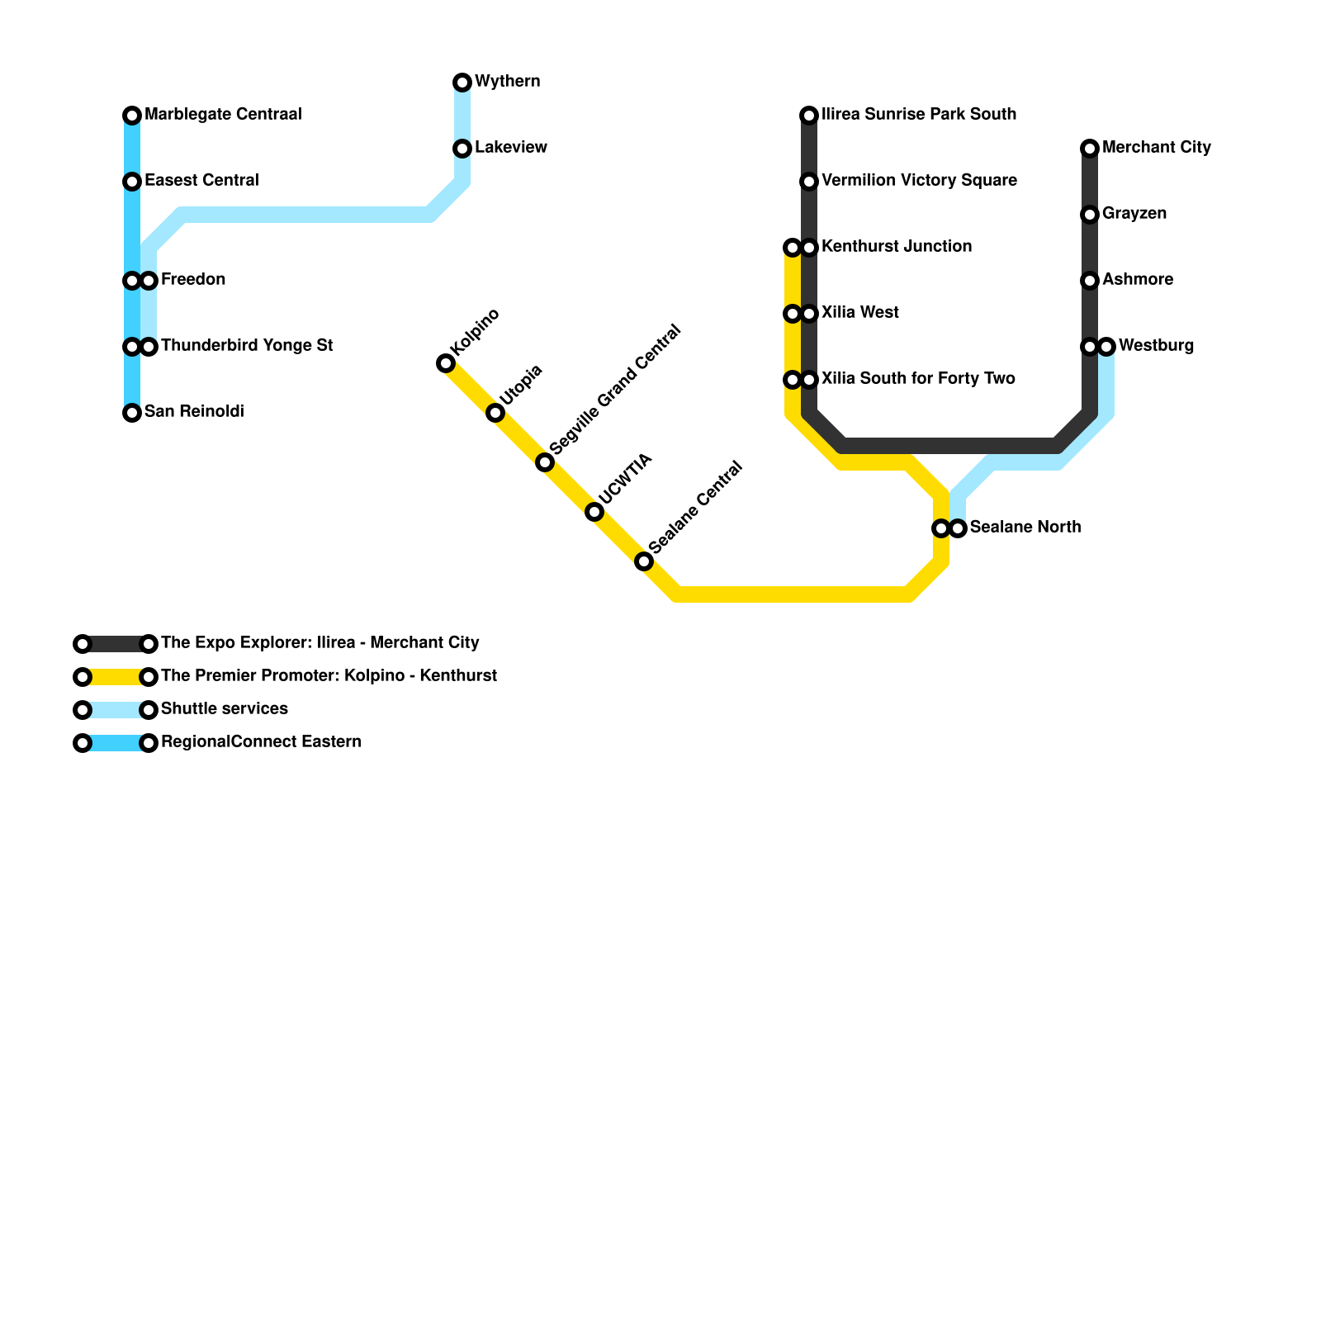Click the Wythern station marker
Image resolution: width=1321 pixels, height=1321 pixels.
(x=462, y=83)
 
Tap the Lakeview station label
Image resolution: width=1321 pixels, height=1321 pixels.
(x=510, y=148)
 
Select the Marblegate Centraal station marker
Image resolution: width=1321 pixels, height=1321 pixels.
(x=132, y=116)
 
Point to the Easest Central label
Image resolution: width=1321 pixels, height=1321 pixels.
(x=201, y=181)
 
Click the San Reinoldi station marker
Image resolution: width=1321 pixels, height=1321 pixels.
(x=132, y=413)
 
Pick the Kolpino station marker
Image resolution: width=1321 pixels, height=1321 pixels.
(x=446, y=363)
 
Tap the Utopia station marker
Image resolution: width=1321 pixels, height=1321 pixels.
(x=495, y=413)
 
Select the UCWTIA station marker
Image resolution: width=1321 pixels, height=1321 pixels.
(x=594, y=513)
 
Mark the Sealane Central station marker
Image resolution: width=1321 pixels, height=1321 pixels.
(x=644, y=562)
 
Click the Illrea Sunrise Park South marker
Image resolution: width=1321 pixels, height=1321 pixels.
(x=809, y=116)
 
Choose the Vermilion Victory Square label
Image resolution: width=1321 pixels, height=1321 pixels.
(x=919, y=181)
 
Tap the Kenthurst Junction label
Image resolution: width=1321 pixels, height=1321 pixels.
(x=897, y=247)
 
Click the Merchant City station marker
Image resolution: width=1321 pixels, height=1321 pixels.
(x=1090, y=149)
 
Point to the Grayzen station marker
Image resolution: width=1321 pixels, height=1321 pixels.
(x=1090, y=215)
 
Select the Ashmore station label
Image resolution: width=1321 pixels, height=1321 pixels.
(x=1138, y=280)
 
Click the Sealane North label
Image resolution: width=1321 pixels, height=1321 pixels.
(x=1025, y=528)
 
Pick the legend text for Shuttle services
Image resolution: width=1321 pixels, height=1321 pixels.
(x=225, y=709)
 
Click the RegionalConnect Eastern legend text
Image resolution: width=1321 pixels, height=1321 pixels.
(x=261, y=742)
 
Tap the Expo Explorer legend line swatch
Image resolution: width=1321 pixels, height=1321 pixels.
(x=116, y=644)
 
